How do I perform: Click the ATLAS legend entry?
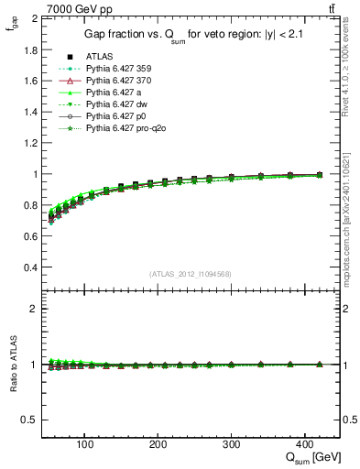tap(99, 56)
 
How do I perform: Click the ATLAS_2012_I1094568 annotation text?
tap(189, 274)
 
